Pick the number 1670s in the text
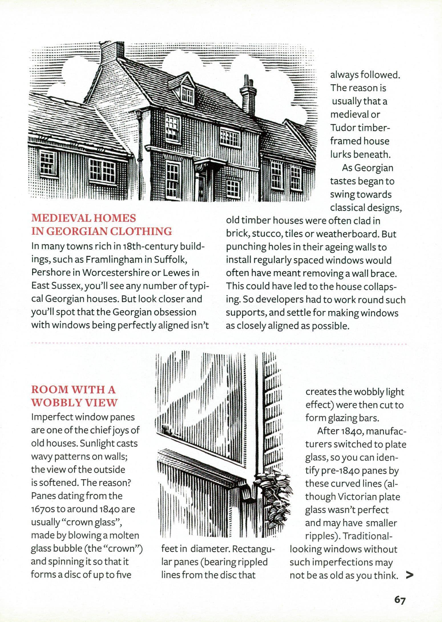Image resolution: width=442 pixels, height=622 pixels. tap(43, 509)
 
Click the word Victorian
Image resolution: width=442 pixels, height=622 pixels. tap(357, 497)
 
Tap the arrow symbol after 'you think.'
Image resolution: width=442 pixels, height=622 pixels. tap(409, 576)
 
